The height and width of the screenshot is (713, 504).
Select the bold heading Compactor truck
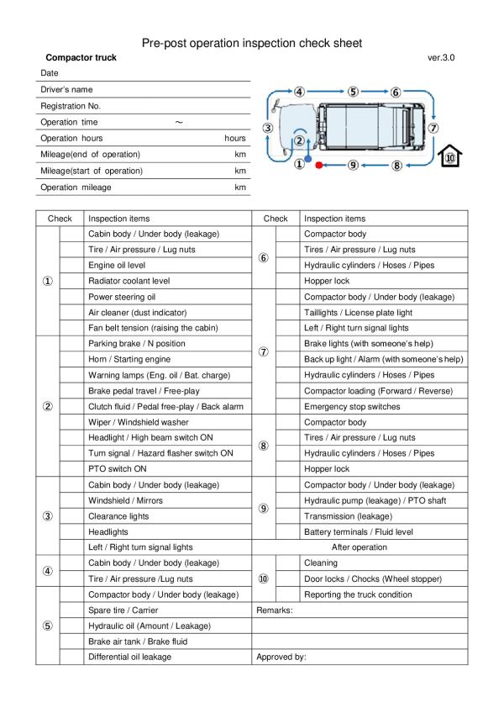pos(81,57)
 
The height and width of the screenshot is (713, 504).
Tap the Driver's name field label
pos(66,89)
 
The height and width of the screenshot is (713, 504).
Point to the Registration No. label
pos(71,105)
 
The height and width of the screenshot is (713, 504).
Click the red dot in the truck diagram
pos(318,166)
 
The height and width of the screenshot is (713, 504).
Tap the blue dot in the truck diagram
pos(308,157)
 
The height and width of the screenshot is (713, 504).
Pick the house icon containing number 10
pos(450,157)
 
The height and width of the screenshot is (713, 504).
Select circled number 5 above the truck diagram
pos(353,92)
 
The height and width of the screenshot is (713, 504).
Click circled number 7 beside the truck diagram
pos(433,129)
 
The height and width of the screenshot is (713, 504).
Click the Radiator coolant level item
pos(129,281)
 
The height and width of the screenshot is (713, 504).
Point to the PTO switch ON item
pos(118,469)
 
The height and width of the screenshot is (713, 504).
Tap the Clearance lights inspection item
pos(120,516)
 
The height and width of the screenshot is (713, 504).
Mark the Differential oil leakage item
pos(129,657)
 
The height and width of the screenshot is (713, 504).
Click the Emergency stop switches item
pos(351,406)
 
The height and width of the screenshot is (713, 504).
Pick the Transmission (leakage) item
pos(343,516)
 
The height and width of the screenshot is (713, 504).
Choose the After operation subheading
pos(360,547)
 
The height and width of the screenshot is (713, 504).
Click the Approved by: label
pos(281,657)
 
